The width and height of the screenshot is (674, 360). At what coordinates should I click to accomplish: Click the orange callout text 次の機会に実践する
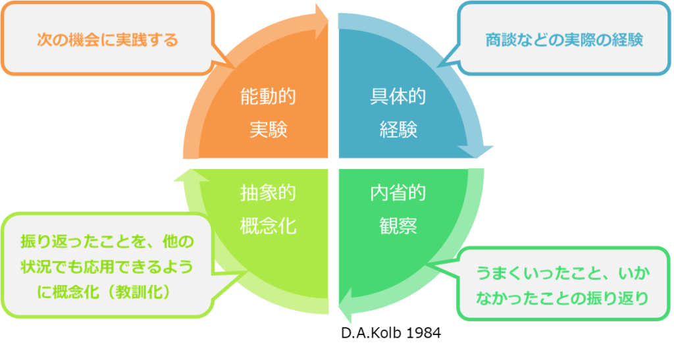(107, 40)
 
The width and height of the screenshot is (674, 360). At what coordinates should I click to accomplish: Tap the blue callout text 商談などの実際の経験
(564, 40)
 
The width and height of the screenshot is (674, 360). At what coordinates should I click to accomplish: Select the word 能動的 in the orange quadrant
(268, 96)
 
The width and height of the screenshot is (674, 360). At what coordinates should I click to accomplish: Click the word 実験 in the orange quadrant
(269, 129)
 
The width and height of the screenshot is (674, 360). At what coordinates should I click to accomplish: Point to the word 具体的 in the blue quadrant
(398, 96)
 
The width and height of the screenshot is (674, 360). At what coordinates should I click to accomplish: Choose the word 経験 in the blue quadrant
(398, 129)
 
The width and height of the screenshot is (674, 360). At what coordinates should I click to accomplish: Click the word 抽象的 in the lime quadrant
(268, 193)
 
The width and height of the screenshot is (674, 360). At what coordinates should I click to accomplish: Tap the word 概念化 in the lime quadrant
(268, 226)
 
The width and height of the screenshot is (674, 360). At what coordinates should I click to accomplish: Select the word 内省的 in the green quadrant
(398, 193)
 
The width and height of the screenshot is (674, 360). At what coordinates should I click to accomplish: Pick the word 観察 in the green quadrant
(398, 226)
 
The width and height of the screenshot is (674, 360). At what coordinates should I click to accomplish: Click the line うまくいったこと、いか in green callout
(563, 273)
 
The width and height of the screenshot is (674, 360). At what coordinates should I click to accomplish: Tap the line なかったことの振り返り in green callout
(563, 298)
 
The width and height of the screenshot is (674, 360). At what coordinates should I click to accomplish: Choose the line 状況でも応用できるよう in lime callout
(107, 267)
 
